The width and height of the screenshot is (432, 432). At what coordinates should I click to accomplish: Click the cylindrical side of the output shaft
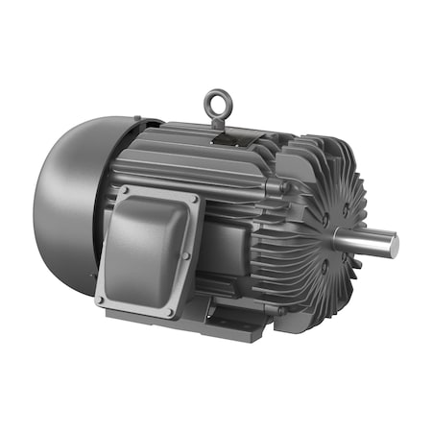pos(370,240)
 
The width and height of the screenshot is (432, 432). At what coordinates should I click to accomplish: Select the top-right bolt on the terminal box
pos(195,200)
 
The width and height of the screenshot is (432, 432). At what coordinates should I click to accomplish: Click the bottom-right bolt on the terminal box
pos(170,313)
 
